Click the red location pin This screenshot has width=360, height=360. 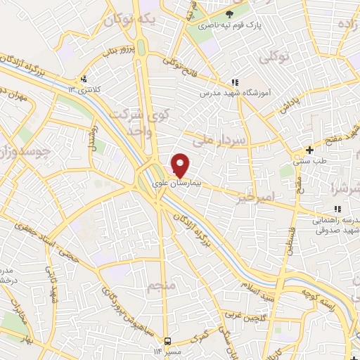(181, 165)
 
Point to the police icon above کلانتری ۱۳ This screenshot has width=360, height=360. (84, 79)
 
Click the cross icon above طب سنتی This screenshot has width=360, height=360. (310, 150)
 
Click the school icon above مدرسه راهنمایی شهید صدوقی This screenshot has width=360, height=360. (338, 208)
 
